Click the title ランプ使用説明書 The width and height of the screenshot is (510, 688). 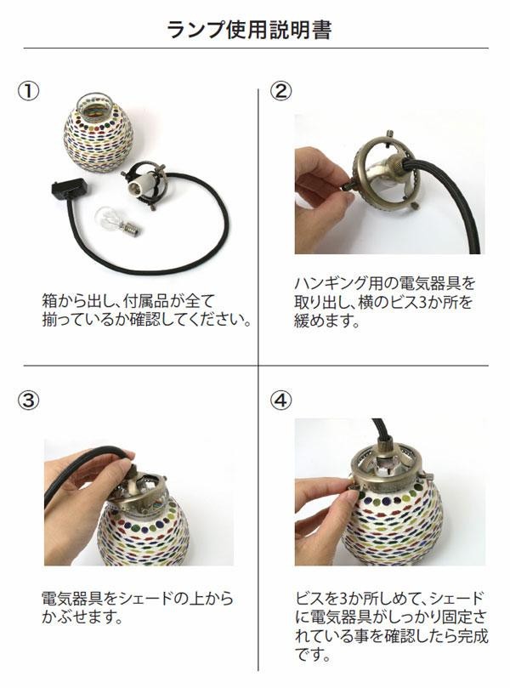click(250, 29)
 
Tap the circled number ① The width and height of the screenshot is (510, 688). click(29, 91)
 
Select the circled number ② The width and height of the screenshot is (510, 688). click(280, 91)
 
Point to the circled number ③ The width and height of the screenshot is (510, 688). click(29, 401)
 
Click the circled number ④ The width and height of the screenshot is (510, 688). click(280, 401)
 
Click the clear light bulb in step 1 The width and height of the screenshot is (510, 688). click(117, 220)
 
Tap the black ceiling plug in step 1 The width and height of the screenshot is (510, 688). click(69, 189)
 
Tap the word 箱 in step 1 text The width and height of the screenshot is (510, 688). click(50, 301)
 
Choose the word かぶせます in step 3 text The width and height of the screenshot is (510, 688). click(82, 617)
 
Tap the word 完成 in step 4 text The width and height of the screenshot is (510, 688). click(473, 636)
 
